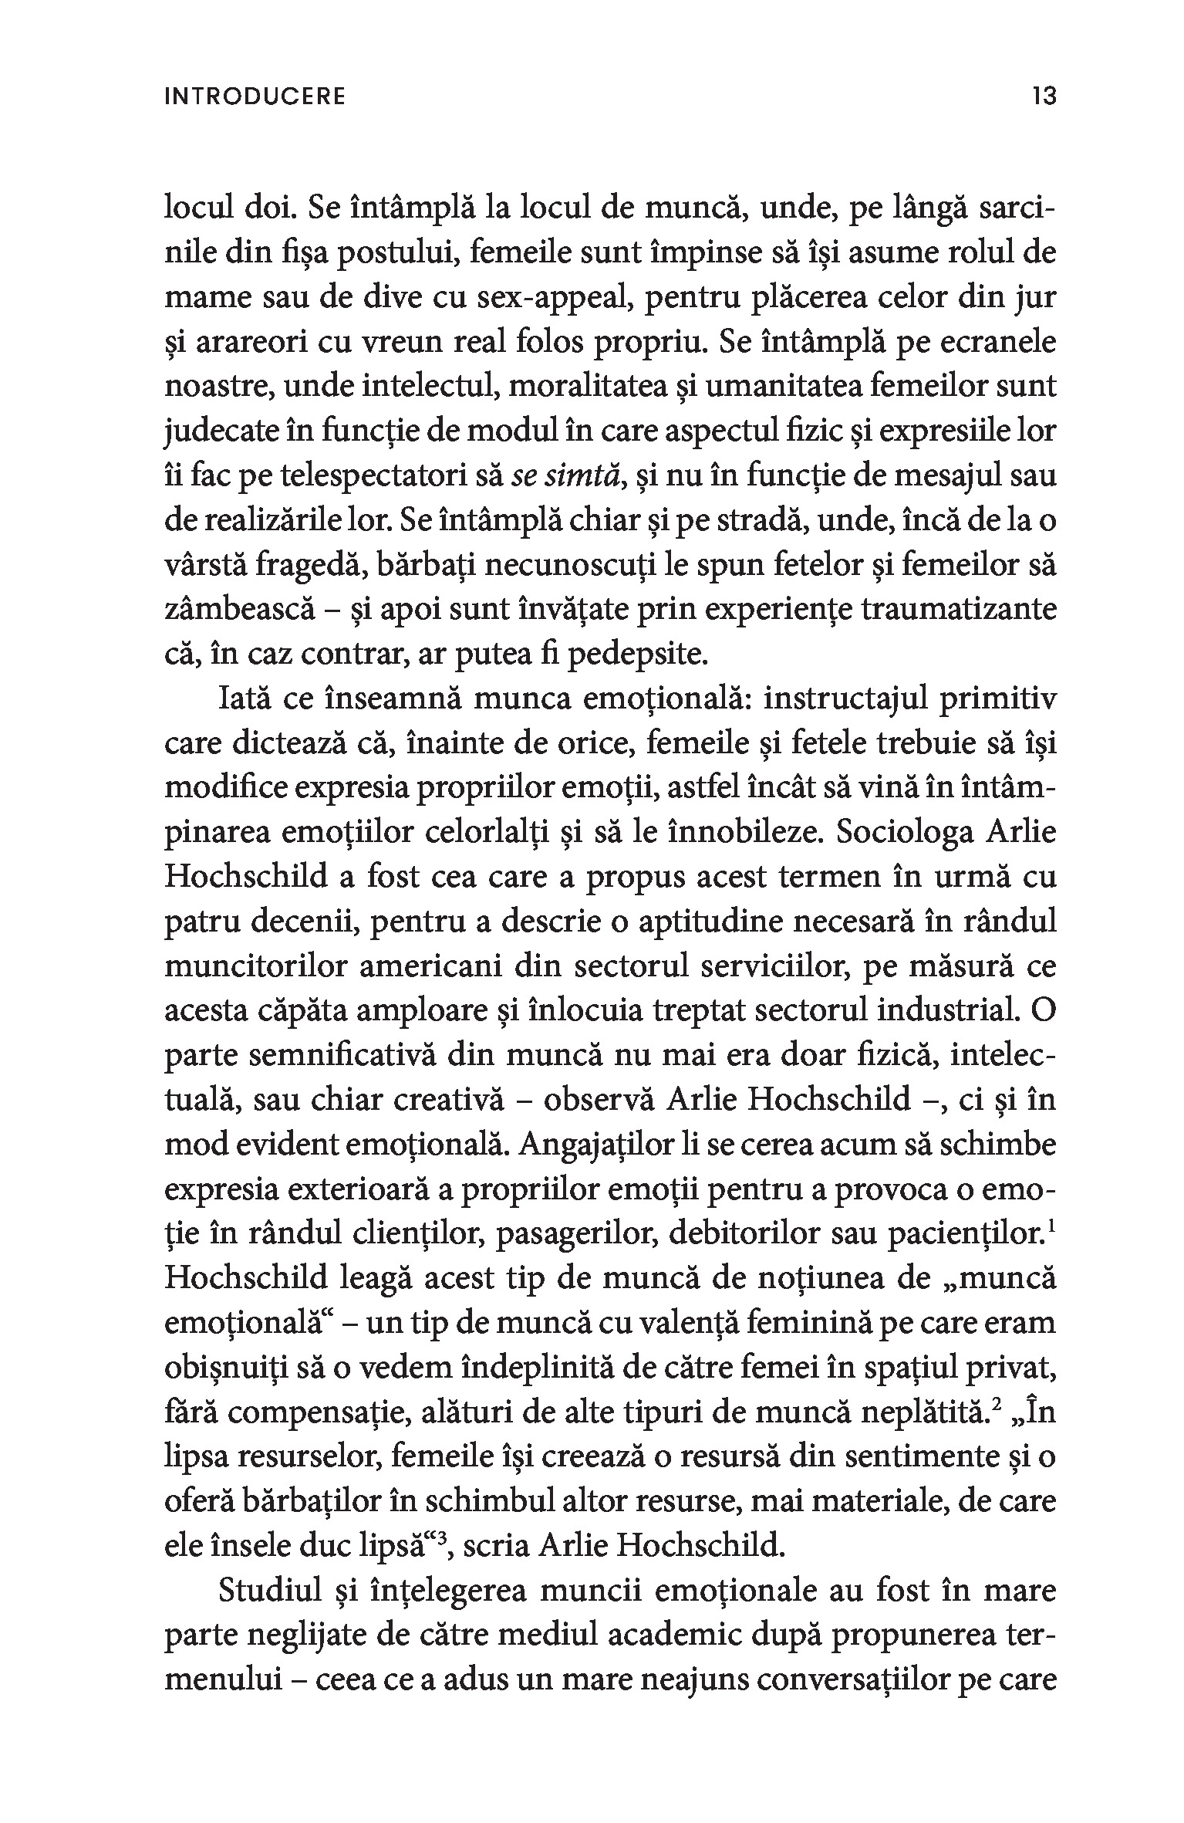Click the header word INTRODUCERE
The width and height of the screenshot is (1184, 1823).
[x=255, y=96]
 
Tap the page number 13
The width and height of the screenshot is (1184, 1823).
[x=1042, y=96]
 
